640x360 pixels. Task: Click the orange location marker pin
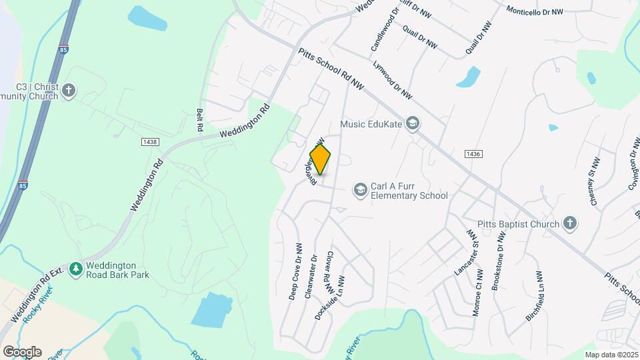[321, 159]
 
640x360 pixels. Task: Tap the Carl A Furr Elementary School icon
[361, 191]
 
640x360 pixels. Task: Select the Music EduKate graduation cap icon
[413, 123]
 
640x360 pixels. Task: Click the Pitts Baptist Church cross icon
[569, 224]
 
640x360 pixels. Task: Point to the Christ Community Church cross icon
[69, 90]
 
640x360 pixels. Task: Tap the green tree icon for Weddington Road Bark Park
[77, 269]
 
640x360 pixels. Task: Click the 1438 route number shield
[149, 141]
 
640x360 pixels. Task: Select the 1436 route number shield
[473, 154]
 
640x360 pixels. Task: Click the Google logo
[21, 351]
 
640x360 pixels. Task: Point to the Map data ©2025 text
[611, 355]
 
